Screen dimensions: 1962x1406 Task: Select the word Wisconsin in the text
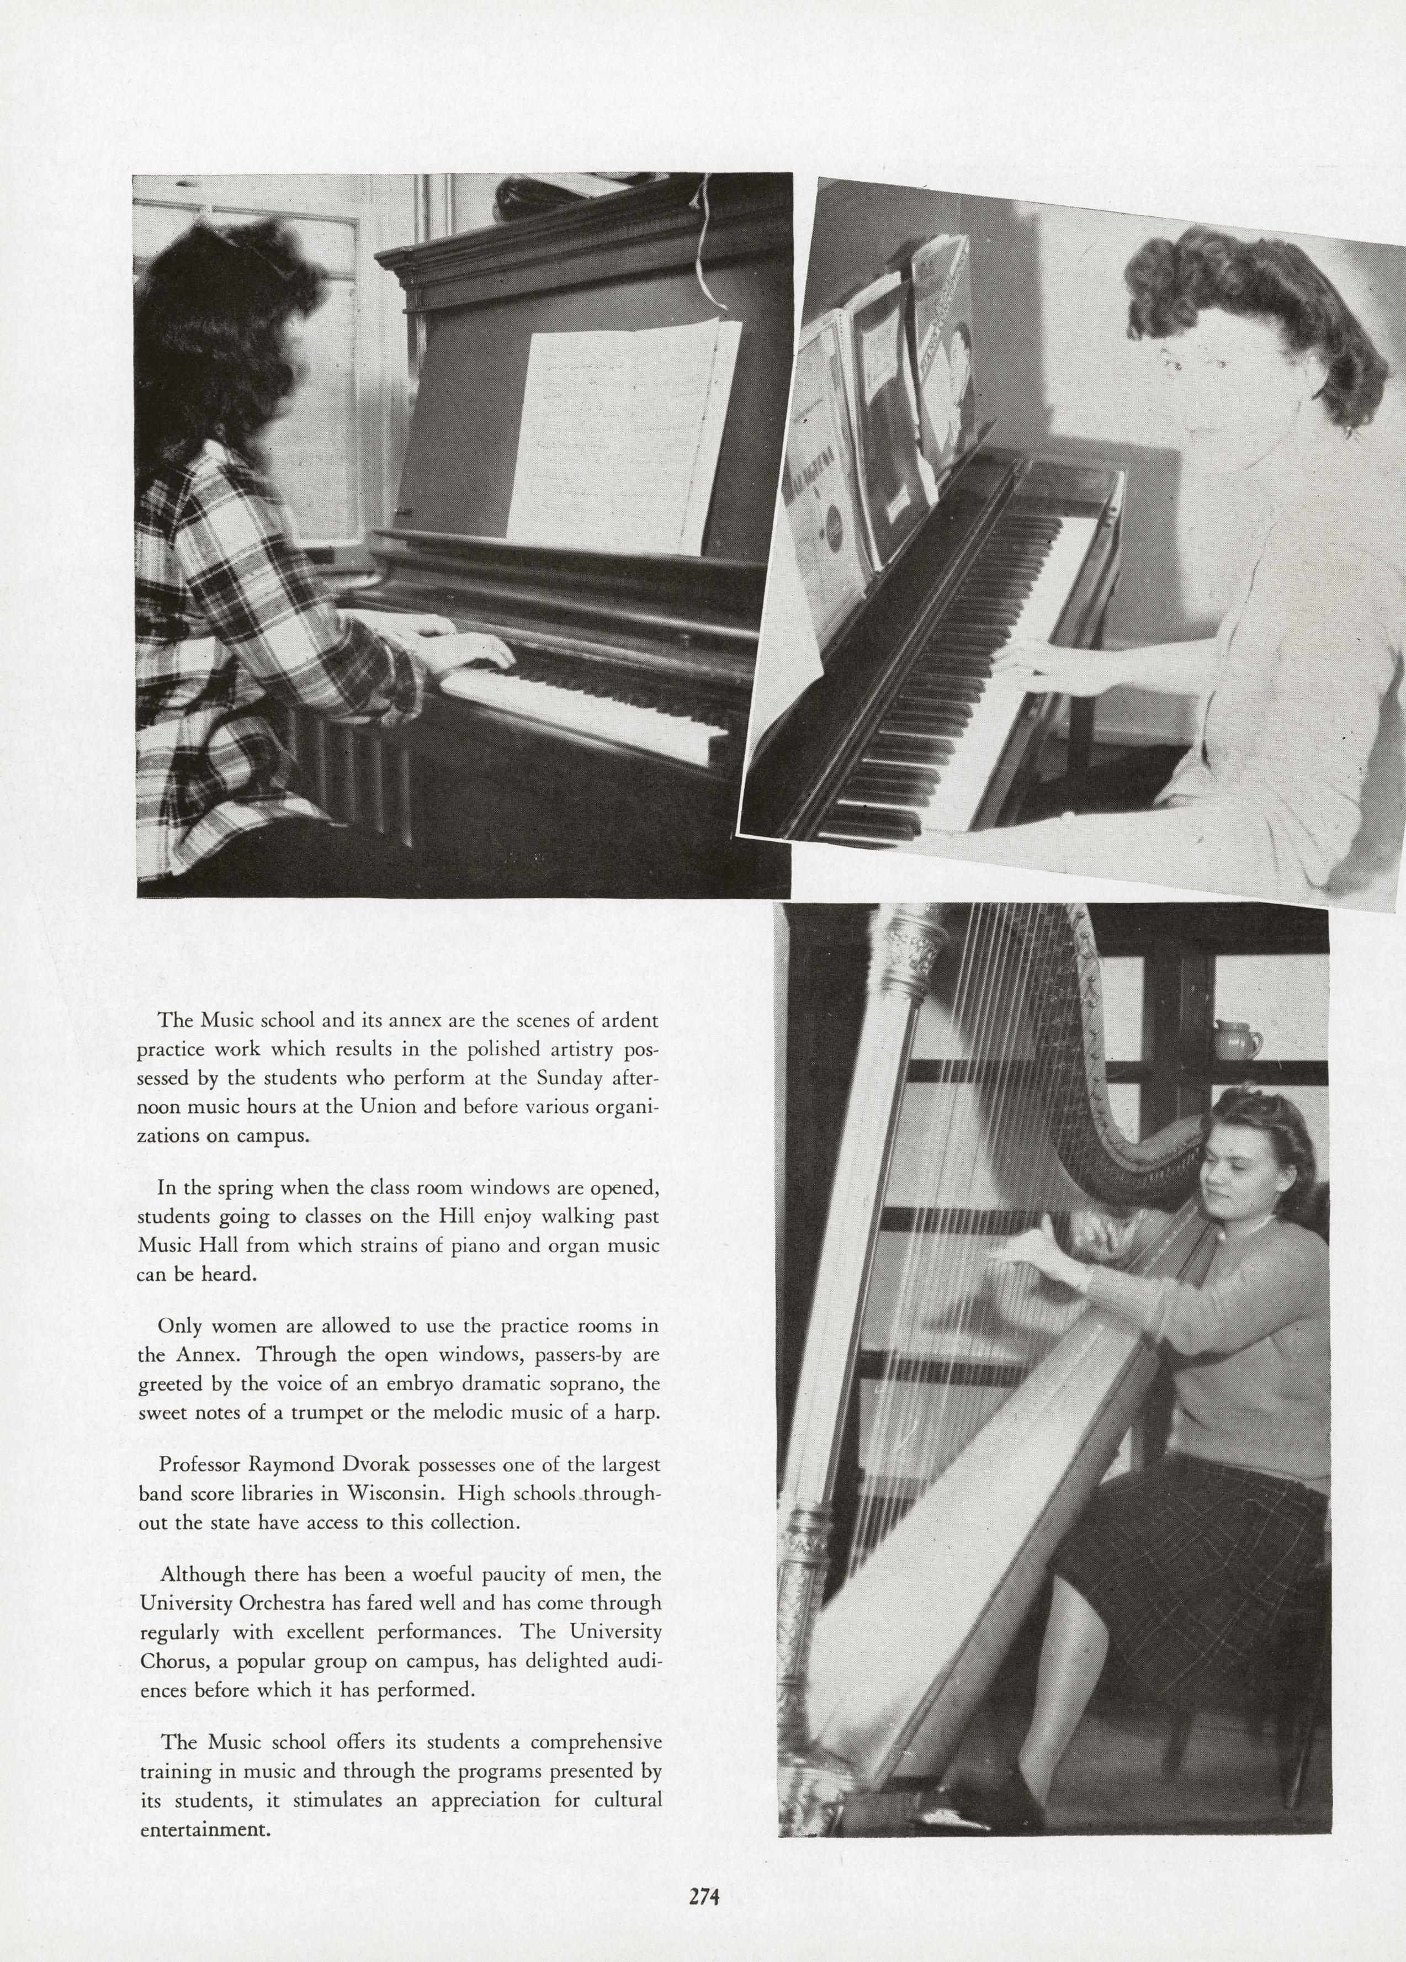point(398,1494)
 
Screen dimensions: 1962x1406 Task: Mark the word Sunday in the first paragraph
point(571,1079)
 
